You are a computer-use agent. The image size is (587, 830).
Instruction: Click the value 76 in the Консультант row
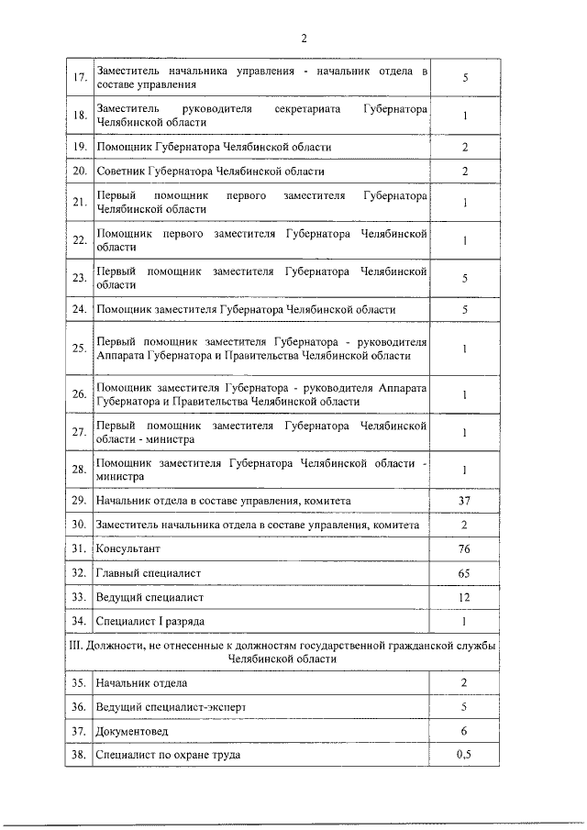click(465, 549)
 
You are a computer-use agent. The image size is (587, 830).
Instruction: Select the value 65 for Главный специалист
click(465, 573)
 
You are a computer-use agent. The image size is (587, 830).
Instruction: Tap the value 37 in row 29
click(465, 501)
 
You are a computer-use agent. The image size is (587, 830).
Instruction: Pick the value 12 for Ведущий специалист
click(465, 597)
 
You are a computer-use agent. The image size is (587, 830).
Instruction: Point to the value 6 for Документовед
click(465, 731)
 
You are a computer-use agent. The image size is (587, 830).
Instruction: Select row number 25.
click(79, 349)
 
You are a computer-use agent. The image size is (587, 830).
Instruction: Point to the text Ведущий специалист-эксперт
click(172, 707)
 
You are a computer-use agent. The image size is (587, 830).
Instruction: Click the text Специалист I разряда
click(150, 621)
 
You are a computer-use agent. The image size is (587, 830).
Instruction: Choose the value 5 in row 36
click(465, 707)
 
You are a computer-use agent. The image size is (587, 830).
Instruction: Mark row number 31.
click(79, 549)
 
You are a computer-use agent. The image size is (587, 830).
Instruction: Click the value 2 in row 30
click(465, 525)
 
